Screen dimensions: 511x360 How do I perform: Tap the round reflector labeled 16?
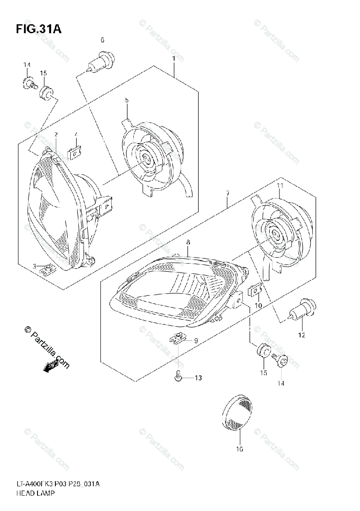point(239,412)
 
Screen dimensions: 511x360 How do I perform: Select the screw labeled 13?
point(178,376)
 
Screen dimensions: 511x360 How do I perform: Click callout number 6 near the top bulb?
point(102,40)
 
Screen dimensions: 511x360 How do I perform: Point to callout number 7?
point(228,194)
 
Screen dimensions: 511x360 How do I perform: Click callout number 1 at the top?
point(174,58)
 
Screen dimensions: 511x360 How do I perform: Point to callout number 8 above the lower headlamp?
point(187,242)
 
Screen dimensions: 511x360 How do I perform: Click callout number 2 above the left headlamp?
point(56,135)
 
